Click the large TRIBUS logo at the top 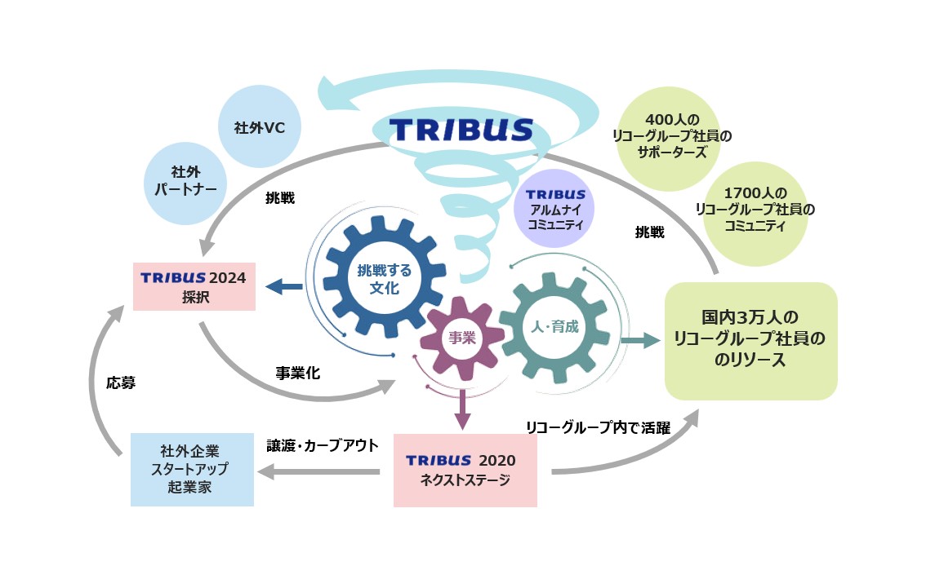[461, 130]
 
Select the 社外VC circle [260, 128]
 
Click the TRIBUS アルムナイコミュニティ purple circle [555, 208]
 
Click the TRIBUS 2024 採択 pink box [194, 286]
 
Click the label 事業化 [297, 373]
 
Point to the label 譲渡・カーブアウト [323, 445]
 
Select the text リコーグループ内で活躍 [598, 426]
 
